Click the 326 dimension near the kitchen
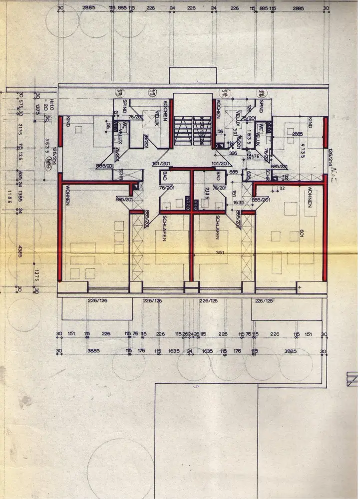[x=233, y=154]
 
